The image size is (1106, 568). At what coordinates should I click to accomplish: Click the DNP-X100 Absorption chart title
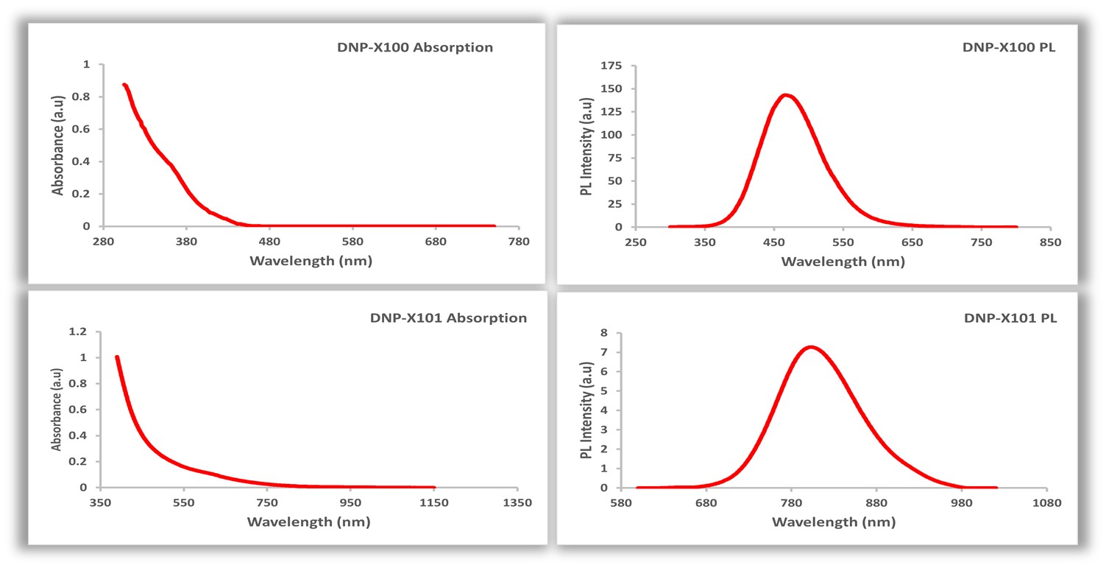tap(411, 48)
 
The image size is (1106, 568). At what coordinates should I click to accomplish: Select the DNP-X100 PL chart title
tap(1010, 48)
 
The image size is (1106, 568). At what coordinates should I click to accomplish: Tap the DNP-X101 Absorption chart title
tap(448, 318)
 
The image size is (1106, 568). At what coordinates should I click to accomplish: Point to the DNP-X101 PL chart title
tap(1010, 318)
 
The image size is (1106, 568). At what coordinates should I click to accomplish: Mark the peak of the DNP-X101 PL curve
tap(810, 346)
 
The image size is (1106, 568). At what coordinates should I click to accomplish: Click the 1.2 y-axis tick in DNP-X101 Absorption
tap(79, 332)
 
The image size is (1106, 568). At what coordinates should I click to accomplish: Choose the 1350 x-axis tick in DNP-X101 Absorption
tap(517, 503)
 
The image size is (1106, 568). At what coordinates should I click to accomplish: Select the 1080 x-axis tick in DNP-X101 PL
tap(1046, 503)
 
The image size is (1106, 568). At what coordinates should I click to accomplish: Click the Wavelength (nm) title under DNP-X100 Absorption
tap(311, 261)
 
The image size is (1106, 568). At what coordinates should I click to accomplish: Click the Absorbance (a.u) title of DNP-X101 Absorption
tap(57, 410)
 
